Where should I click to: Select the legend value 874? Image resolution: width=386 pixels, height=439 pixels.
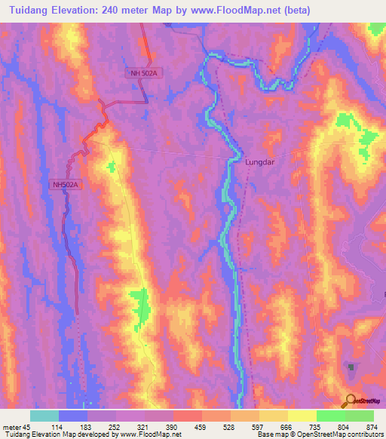[372, 427]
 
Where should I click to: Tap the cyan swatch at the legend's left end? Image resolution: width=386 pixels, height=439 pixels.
[44, 416]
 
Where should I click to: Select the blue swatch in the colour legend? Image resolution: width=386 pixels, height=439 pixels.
[73, 416]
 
